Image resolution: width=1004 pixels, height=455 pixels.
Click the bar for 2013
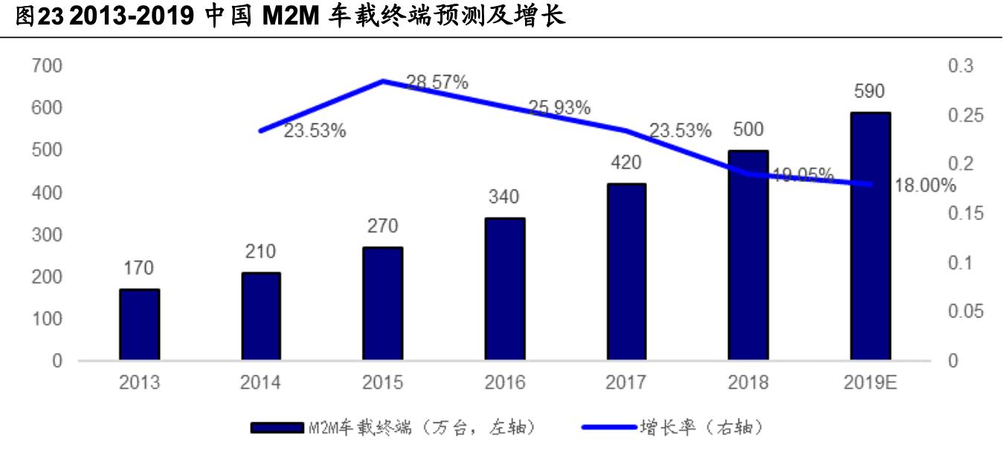pyautogui.click(x=139, y=325)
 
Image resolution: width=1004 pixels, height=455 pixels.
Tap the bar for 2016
pyautogui.click(x=504, y=289)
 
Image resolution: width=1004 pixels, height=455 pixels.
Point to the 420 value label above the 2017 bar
pyautogui.click(x=626, y=163)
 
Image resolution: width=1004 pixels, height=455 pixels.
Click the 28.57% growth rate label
pyautogui.click(x=437, y=83)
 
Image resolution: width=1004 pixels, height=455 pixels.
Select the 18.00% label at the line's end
pyautogui.click(x=925, y=186)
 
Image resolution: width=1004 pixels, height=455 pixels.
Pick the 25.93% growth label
pyautogui.click(x=559, y=108)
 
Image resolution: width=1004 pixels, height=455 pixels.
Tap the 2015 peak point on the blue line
pyautogui.click(x=382, y=80)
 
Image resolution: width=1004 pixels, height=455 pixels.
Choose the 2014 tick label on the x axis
pyautogui.click(x=260, y=383)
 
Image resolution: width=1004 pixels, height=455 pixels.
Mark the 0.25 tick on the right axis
pyautogui.click(x=965, y=115)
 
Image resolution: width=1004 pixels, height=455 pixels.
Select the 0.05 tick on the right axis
pyautogui.click(x=965, y=312)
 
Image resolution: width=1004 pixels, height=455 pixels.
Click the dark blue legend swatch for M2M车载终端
pyautogui.click(x=276, y=427)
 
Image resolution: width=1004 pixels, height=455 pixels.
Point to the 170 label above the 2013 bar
pyautogui.click(x=139, y=268)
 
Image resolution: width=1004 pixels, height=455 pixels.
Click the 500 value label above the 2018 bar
pyautogui.click(x=747, y=129)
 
